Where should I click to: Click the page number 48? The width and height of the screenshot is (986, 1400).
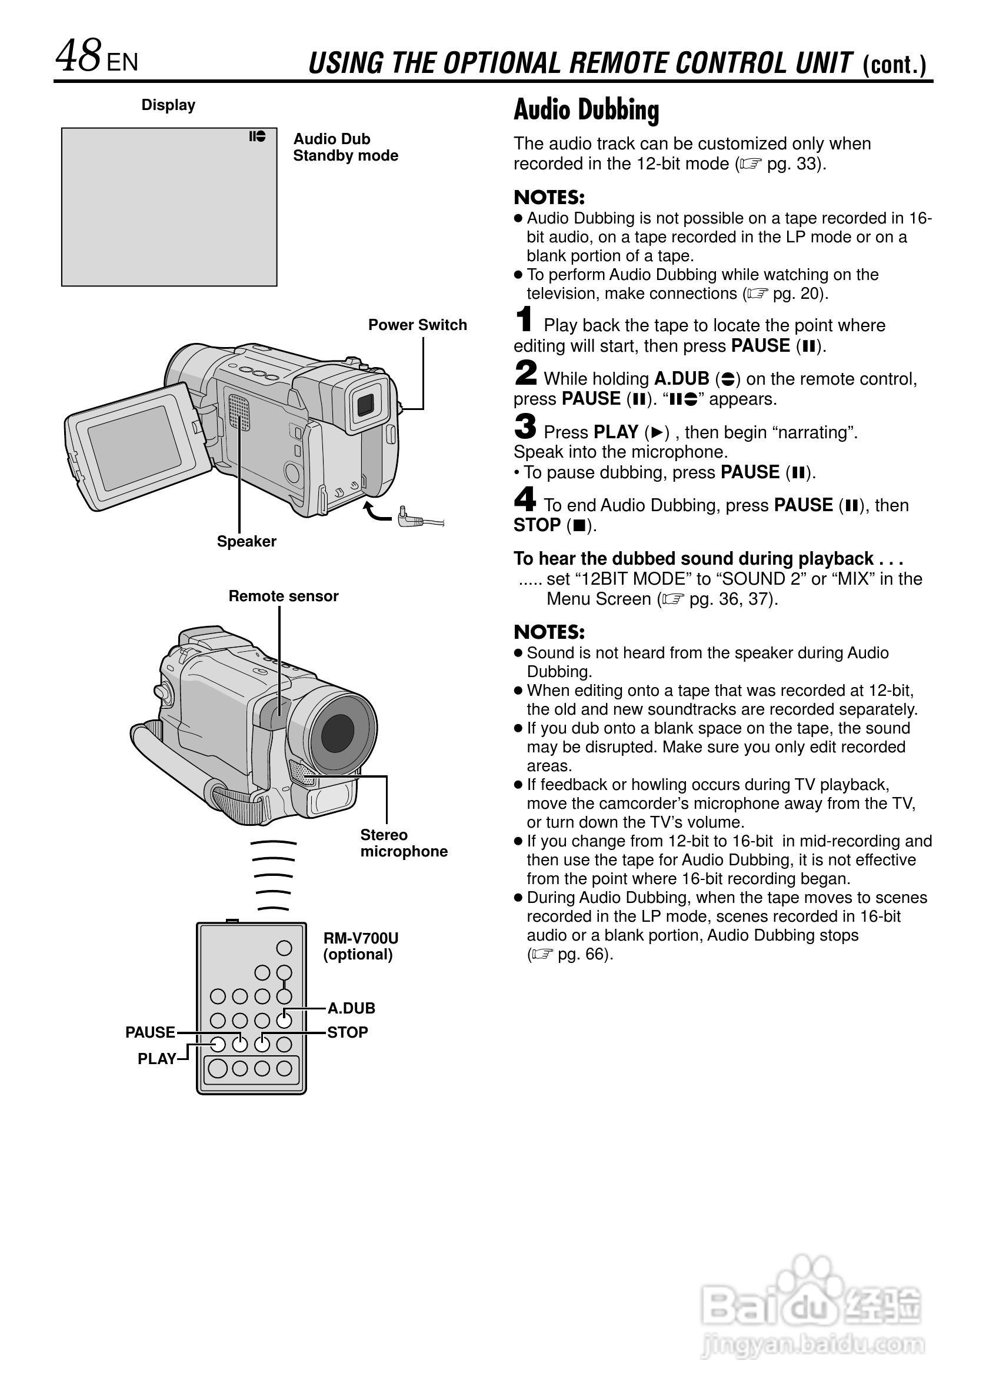click(x=78, y=56)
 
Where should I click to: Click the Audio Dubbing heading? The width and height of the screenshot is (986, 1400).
click(x=586, y=111)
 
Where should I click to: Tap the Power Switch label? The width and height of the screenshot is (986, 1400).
click(x=417, y=325)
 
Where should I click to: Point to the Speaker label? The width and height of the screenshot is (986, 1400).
click(x=246, y=541)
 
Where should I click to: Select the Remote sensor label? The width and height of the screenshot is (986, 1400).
click(x=283, y=596)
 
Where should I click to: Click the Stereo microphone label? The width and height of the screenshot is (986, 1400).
click(x=403, y=844)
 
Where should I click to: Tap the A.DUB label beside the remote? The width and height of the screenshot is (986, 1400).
click(x=351, y=1009)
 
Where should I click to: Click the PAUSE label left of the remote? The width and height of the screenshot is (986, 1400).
click(x=150, y=1032)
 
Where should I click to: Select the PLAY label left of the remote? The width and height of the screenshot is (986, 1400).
click(x=156, y=1059)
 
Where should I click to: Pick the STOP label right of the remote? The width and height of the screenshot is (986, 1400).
click(x=348, y=1032)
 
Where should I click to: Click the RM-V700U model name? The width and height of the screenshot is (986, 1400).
click(x=361, y=938)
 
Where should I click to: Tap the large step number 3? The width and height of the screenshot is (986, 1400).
click(x=525, y=426)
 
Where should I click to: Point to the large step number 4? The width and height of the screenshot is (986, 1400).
click(x=525, y=499)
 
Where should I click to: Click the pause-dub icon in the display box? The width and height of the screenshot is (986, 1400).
click(x=257, y=136)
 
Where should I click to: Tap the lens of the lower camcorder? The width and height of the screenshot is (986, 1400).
click(x=337, y=731)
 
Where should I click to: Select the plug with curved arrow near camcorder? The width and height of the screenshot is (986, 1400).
click(x=408, y=518)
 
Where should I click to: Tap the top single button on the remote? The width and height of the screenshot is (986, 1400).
click(x=284, y=948)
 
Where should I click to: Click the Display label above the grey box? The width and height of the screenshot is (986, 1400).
click(x=168, y=105)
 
